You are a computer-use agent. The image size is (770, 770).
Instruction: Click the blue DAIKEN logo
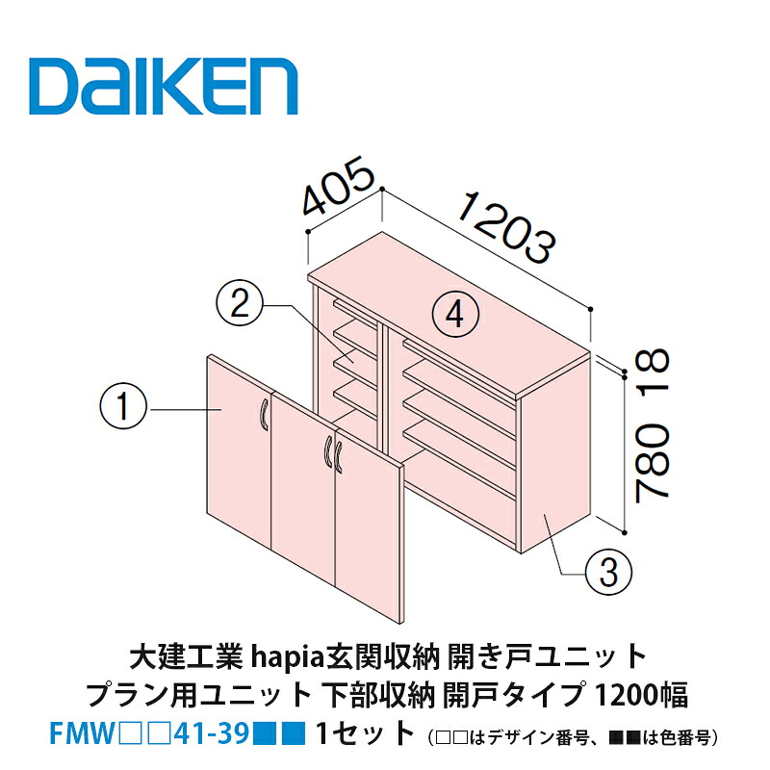(x=163, y=87)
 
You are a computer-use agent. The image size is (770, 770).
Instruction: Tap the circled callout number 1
(x=123, y=407)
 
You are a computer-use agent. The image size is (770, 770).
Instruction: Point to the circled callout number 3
(x=608, y=572)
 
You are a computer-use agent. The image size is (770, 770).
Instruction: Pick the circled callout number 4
(x=455, y=315)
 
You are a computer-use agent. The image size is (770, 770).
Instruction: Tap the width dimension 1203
(x=508, y=227)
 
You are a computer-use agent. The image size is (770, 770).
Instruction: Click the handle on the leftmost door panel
(x=264, y=416)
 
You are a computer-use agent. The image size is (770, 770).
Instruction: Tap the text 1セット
(x=365, y=733)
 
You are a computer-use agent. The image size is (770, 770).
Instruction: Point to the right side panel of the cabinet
(x=554, y=451)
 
